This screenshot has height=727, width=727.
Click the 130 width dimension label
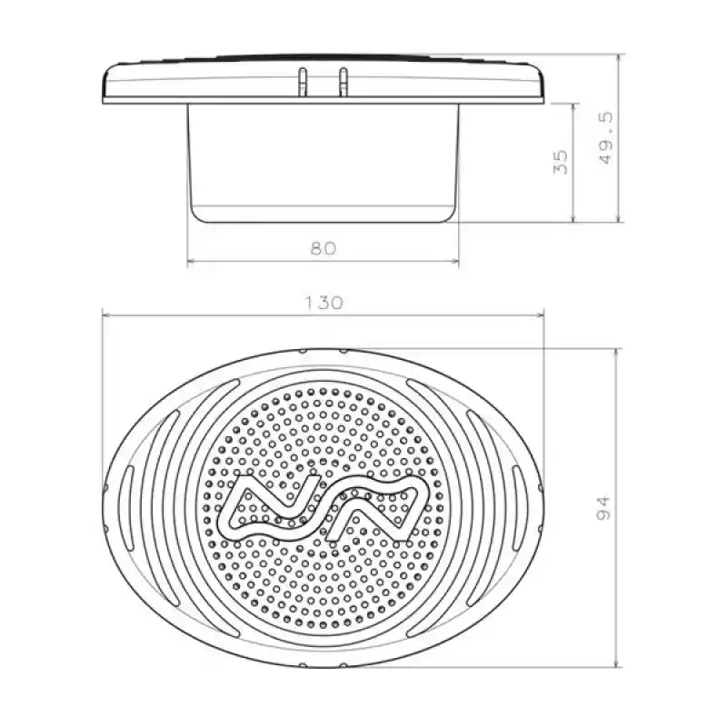click(324, 303)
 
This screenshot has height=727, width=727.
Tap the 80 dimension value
click(323, 248)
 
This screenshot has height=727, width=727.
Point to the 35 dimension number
click(561, 162)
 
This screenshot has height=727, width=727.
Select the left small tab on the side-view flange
click(300, 80)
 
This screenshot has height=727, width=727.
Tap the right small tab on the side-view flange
click(343, 80)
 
